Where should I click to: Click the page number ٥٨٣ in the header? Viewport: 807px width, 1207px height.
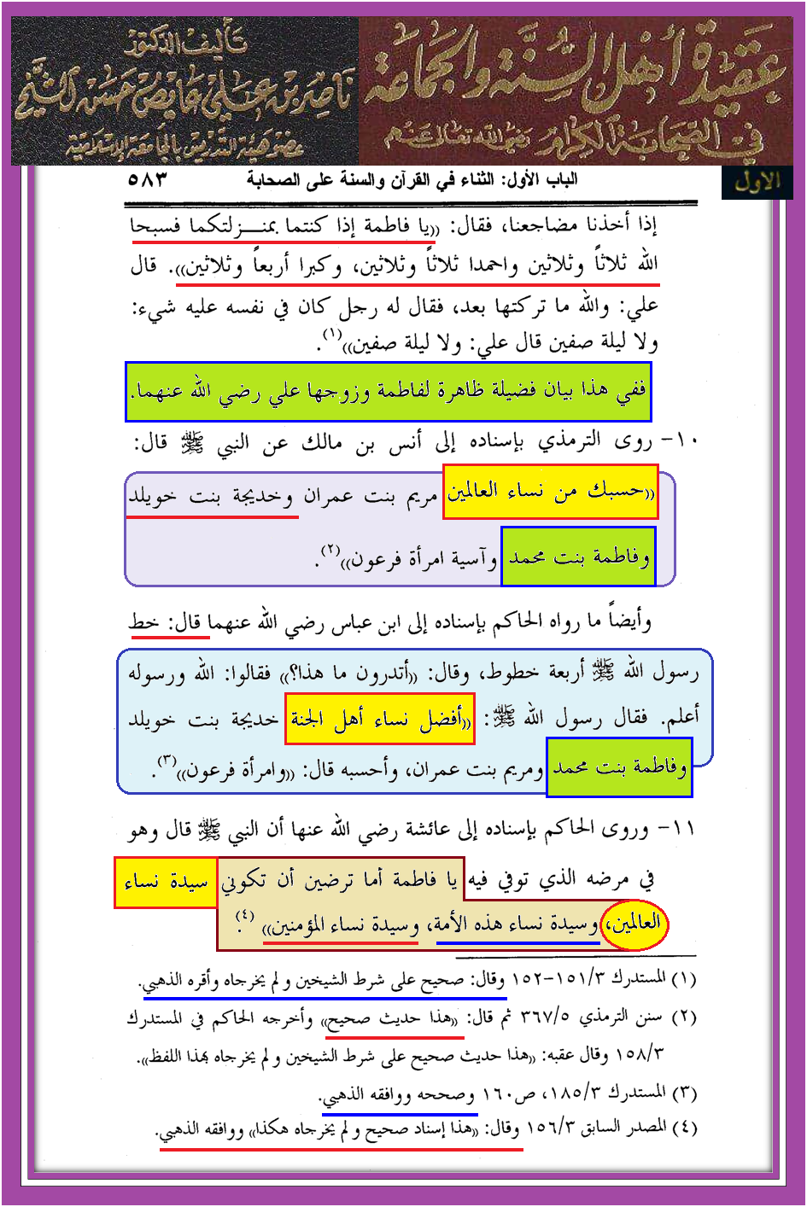coord(147,180)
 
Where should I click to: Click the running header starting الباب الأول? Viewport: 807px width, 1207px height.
coord(412,180)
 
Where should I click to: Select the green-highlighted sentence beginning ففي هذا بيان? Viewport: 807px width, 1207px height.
coord(389,392)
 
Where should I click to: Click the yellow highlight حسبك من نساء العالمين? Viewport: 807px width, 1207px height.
coord(551,492)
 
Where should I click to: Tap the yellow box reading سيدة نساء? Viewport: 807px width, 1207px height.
coord(166,883)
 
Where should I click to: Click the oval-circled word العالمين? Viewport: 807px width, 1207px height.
coord(633,924)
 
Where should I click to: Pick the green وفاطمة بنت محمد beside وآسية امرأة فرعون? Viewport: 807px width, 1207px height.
coord(578,558)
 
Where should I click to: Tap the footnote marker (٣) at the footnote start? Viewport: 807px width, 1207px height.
coord(685,1093)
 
